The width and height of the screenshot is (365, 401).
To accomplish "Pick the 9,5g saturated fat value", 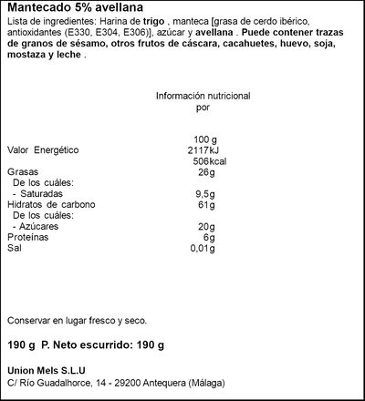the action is pyautogui.click(x=203, y=192).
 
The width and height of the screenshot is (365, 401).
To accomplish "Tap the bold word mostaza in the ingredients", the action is pyautogui.click(x=28, y=57).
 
